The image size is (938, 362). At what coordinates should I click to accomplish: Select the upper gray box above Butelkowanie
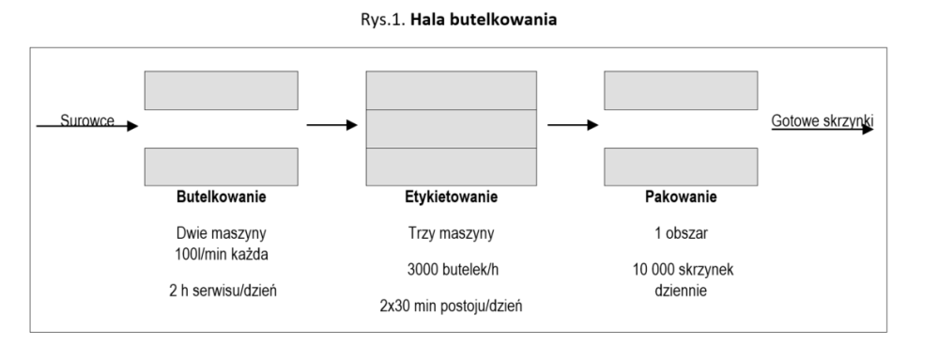tap(222, 90)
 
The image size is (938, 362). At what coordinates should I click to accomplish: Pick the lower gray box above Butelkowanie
tap(222, 165)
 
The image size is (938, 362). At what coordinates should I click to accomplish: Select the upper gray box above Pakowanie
tap(680, 90)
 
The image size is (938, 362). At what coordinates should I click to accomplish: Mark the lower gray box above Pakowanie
tap(680, 165)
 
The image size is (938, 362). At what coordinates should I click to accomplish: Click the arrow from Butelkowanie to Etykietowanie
tap(332, 124)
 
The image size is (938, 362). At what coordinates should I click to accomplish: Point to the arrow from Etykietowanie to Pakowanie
tap(573, 124)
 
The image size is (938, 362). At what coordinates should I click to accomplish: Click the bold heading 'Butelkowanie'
tap(222, 198)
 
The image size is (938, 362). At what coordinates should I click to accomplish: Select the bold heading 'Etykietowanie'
tap(444, 198)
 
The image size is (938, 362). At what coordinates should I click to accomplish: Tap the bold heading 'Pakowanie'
tap(680, 198)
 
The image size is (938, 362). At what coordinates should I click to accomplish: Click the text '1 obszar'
tap(680, 231)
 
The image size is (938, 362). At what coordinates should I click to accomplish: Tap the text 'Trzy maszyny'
tap(444, 231)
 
